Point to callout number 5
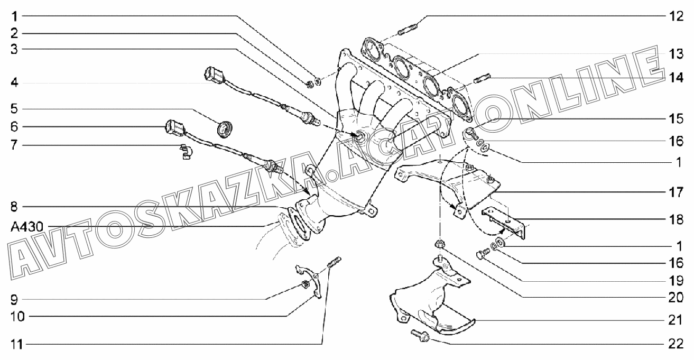pos(15,109)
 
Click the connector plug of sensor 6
pos(174,128)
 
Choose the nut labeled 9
pos(305,285)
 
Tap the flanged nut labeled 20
pos(439,244)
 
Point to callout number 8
pos(15,205)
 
